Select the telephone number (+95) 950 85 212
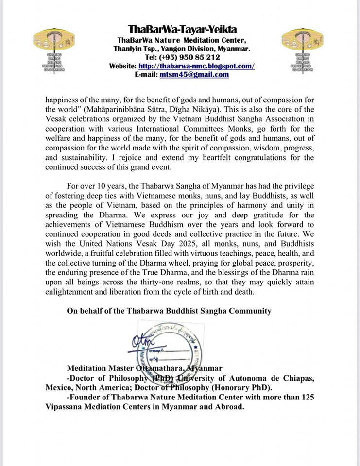click(191, 57)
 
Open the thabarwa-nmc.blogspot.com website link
click(196, 66)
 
